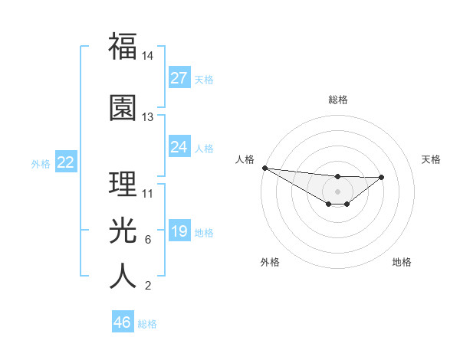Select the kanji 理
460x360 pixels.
(123, 183)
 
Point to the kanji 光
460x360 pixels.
(123, 230)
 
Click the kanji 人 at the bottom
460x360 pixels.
(123, 276)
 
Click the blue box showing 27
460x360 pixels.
(179, 78)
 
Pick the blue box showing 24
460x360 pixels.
(179, 147)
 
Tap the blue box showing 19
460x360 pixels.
(179, 231)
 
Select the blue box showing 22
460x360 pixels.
(66, 162)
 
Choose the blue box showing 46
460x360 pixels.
(123, 322)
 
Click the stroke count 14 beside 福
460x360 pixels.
(148, 56)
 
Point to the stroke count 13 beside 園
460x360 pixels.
(148, 117)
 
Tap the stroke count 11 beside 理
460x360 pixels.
(148, 194)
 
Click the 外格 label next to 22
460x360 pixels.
(41, 163)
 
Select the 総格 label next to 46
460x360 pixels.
(147, 324)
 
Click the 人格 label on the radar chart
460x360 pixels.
(245, 159)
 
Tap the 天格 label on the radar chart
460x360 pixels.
(431, 159)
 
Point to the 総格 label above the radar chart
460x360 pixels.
(338, 100)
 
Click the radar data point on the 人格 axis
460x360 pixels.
(264, 168)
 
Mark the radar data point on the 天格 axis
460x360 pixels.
(382, 177)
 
